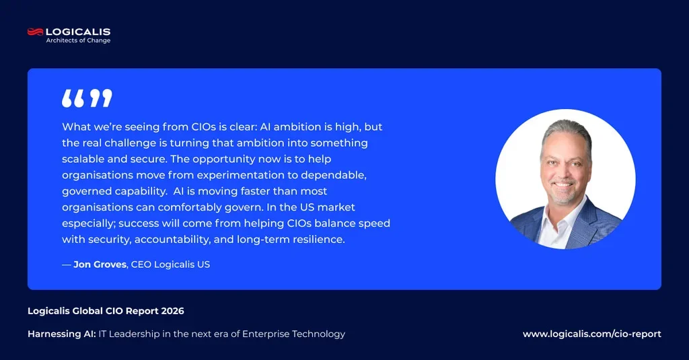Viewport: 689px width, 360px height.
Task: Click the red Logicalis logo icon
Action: (x=36, y=32)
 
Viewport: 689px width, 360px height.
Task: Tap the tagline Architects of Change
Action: (x=78, y=40)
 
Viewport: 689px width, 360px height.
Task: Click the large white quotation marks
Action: (x=87, y=98)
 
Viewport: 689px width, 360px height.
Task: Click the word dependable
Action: (x=334, y=175)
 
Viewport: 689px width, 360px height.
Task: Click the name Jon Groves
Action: (x=100, y=264)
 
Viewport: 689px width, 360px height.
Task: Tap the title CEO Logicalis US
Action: (x=170, y=264)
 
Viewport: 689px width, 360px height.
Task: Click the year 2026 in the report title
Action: (x=173, y=311)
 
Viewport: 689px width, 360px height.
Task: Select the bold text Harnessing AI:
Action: (x=61, y=334)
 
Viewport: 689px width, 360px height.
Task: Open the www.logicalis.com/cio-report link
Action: (x=592, y=334)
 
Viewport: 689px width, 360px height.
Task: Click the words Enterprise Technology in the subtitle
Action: (x=293, y=334)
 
